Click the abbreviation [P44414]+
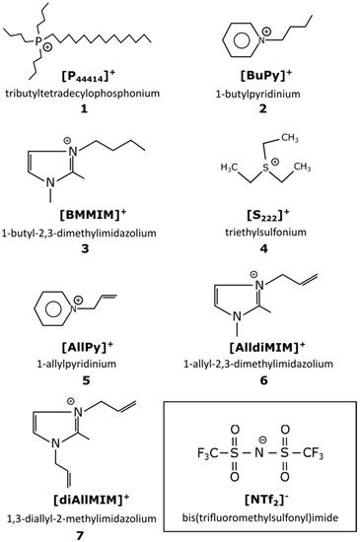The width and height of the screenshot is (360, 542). coord(87,76)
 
